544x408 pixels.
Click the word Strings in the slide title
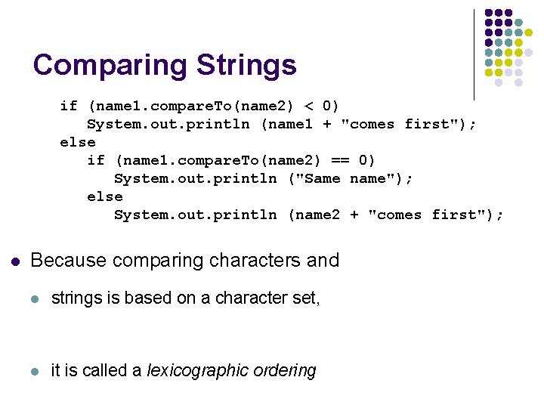click(x=246, y=65)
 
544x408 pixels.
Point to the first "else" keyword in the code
click(x=78, y=141)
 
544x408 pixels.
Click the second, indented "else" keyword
click(x=105, y=196)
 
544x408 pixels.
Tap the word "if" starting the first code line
click(x=69, y=105)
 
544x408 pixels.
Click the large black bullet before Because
click(x=14, y=261)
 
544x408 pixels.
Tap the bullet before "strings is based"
click(x=33, y=299)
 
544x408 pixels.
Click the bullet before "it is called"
click(x=33, y=371)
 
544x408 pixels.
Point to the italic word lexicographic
click(x=199, y=371)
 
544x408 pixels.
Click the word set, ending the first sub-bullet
click(x=307, y=298)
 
